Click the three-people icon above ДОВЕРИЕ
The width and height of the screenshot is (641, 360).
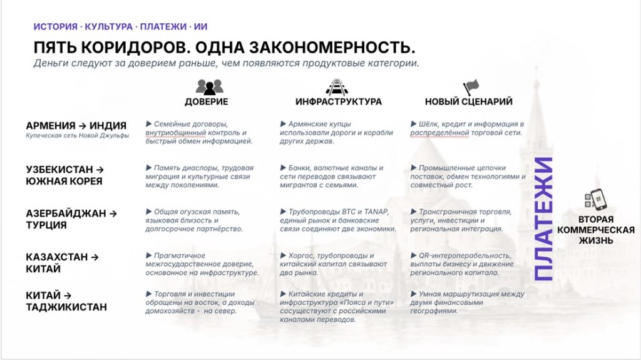pyautogui.click(x=209, y=87)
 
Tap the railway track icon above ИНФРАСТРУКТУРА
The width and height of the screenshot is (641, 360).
pyautogui.click(x=336, y=87)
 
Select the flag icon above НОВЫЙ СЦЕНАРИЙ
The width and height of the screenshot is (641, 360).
pyautogui.click(x=471, y=87)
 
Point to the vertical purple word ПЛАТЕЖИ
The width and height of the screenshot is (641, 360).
pyautogui.click(x=544, y=219)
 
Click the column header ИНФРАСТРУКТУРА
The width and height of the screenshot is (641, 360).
pyautogui.click(x=339, y=101)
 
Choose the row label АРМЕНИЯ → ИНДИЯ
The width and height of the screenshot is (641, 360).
pyautogui.click(x=76, y=126)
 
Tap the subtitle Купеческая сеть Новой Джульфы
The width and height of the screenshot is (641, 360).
pyautogui.click(x=77, y=135)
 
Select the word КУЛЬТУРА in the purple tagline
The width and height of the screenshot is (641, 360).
pyautogui.click(x=109, y=26)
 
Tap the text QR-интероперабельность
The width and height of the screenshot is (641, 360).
pyautogui.click(x=465, y=255)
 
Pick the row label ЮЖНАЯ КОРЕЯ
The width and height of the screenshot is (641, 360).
pyautogui.click(x=64, y=181)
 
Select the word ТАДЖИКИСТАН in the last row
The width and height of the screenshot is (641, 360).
pyautogui.click(x=66, y=307)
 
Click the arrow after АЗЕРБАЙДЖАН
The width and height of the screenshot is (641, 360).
pyautogui.click(x=113, y=213)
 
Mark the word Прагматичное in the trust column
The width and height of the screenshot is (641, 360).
pyautogui.click(x=180, y=255)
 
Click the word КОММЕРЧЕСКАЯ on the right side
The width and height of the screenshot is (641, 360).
pyautogui.click(x=596, y=230)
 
